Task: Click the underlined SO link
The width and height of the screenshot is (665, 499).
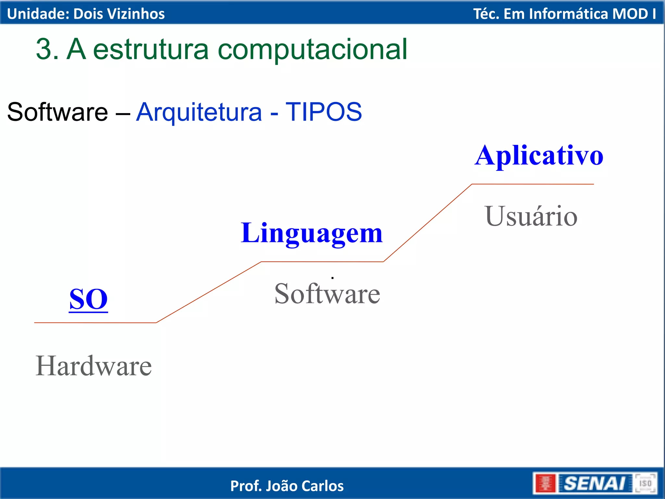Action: tap(88, 299)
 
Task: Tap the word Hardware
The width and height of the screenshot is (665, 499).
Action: tap(94, 366)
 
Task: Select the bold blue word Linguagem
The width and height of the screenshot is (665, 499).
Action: tap(312, 233)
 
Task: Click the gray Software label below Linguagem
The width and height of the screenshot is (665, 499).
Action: tap(327, 294)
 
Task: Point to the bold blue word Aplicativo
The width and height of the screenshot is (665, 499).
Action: tap(539, 156)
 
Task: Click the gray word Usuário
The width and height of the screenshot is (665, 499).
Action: tap(531, 216)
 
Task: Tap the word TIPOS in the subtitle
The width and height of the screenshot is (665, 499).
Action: tap(323, 112)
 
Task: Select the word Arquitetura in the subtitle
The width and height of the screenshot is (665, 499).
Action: tap(199, 112)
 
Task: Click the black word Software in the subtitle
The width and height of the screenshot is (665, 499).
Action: tap(57, 112)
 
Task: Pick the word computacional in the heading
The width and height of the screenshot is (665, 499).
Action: tap(312, 49)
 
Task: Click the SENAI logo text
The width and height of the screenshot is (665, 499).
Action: tap(594, 483)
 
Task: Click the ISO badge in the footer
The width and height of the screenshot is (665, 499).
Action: tap(646, 483)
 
